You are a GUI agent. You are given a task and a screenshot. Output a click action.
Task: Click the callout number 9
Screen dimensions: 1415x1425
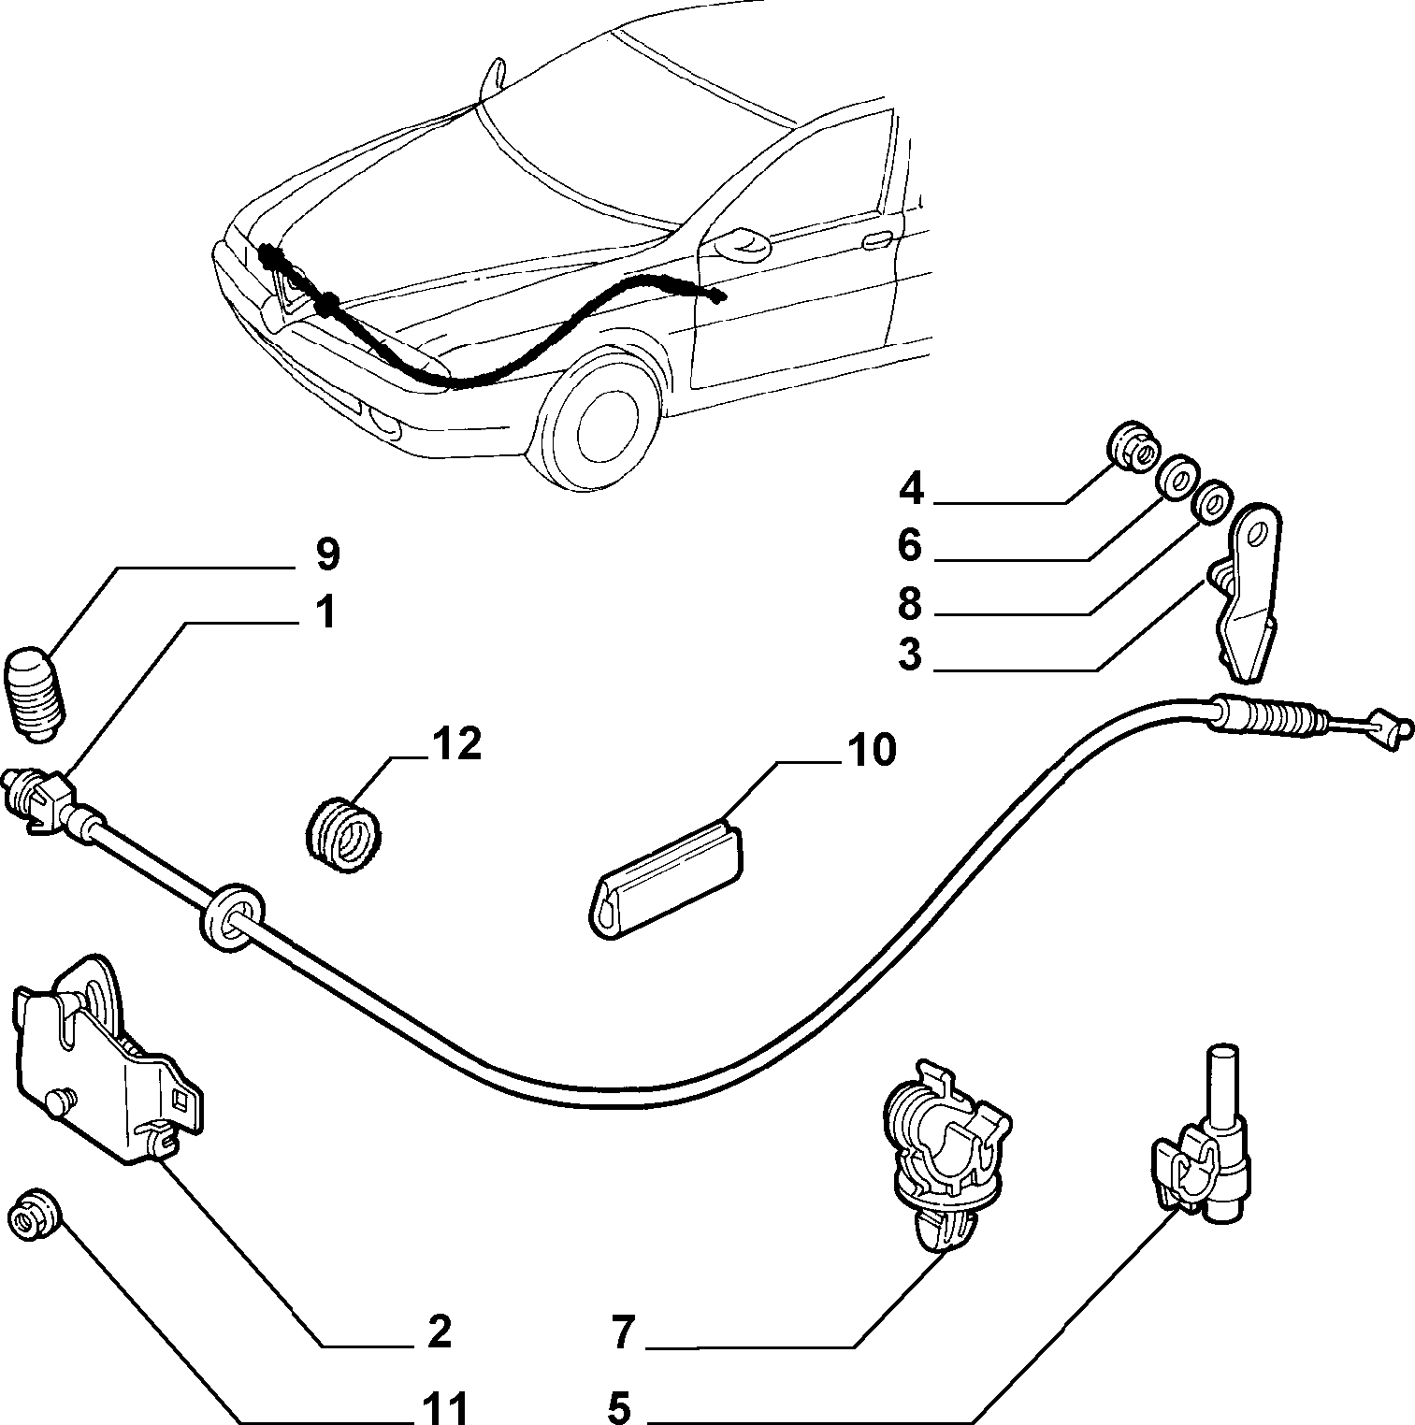pyautogui.click(x=327, y=554)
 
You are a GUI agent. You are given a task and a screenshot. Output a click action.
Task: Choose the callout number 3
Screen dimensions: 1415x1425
pyautogui.click(x=909, y=654)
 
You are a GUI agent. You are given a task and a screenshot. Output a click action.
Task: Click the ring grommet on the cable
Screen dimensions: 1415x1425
pyautogui.click(x=230, y=920)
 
